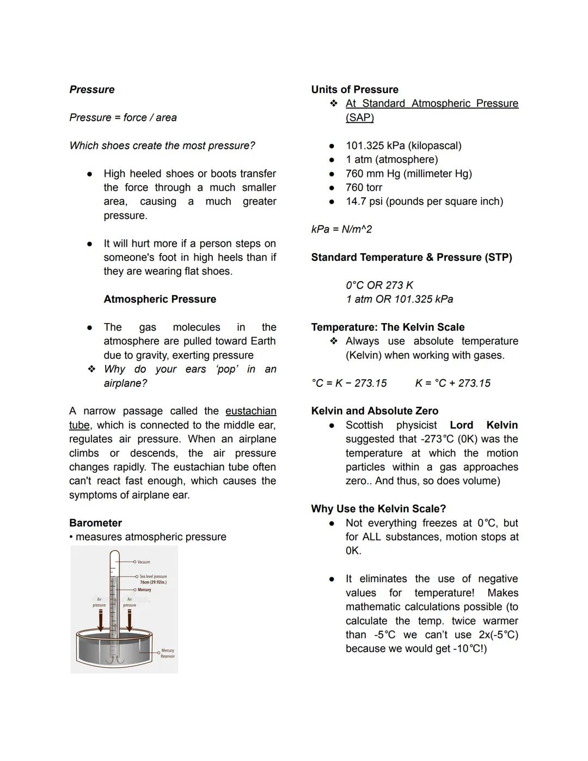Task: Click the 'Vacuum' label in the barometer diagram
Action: click(x=143, y=562)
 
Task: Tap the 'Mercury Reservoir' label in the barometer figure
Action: click(x=168, y=653)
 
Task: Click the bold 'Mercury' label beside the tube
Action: click(x=144, y=590)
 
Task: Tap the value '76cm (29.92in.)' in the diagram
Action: click(x=153, y=582)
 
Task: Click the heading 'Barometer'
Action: click(x=95, y=523)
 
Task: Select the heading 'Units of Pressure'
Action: click(x=354, y=89)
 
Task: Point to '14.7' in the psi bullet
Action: click(x=356, y=202)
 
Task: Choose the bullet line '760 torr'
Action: click(x=364, y=187)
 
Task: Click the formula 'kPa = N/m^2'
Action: click(x=341, y=229)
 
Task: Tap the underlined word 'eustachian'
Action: click(x=250, y=411)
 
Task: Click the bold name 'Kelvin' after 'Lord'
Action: click(x=502, y=425)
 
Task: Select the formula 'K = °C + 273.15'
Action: click(x=452, y=383)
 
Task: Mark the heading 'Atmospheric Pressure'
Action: click(x=160, y=299)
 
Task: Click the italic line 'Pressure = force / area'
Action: click(x=123, y=118)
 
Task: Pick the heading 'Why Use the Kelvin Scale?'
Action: click(x=378, y=509)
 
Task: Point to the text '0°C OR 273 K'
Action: click(x=379, y=285)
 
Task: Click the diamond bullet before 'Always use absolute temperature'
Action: click(x=333, y=341)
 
